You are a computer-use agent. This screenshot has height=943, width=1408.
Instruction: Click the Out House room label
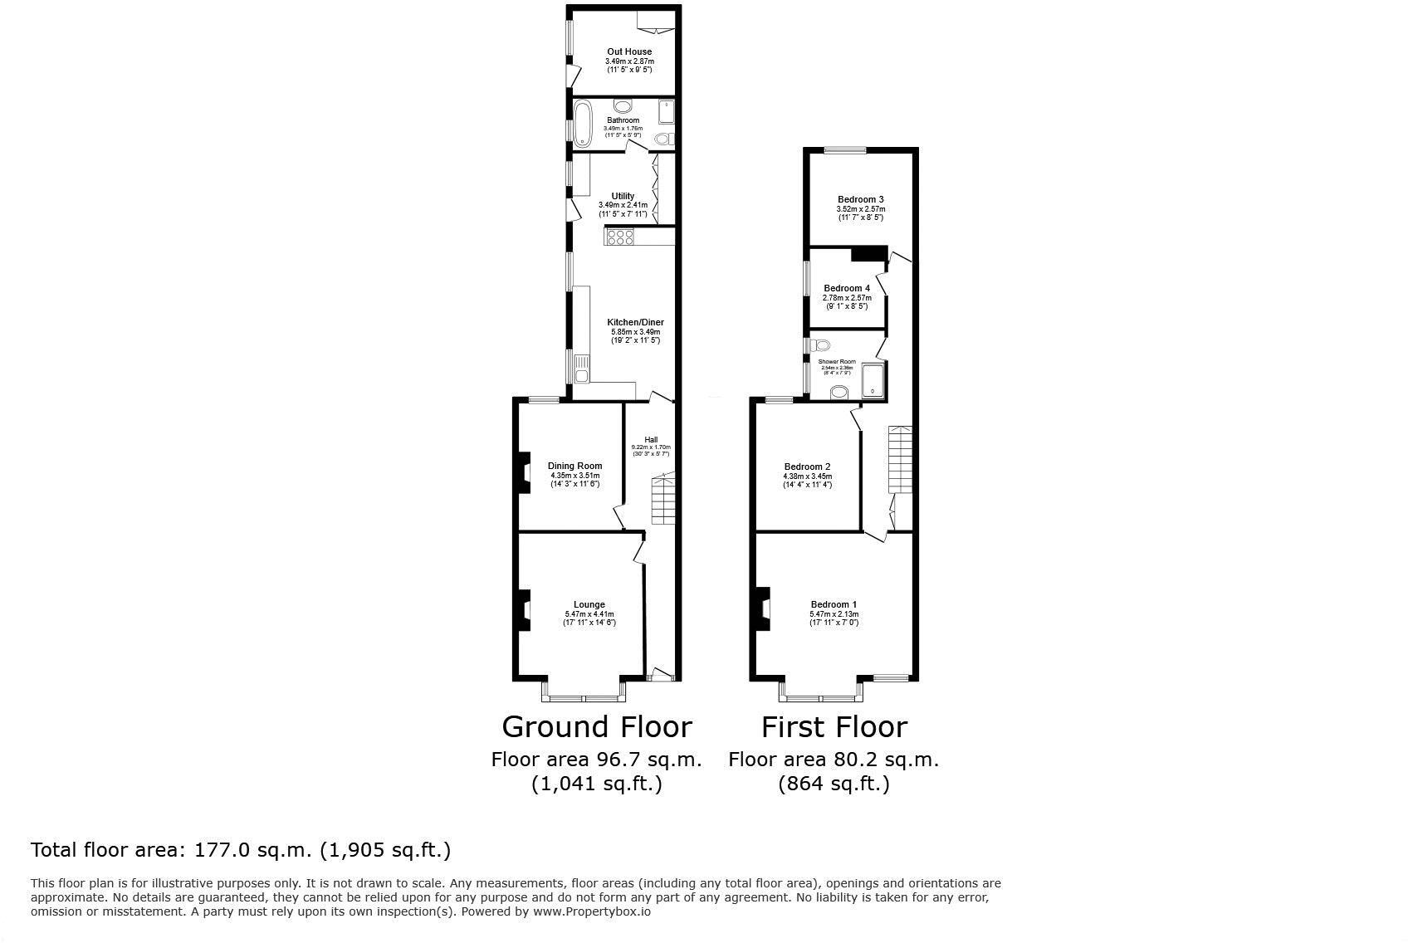click(x=628, y=51)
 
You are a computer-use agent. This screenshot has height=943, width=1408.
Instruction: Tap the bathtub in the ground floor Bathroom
click(x=583, y=123)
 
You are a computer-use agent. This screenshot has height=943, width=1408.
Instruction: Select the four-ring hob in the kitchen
click(x=621, y=237)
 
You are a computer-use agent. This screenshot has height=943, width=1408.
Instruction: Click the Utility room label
click(x=623, y=196)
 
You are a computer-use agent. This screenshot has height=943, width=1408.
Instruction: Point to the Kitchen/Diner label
click(x=635, y=322)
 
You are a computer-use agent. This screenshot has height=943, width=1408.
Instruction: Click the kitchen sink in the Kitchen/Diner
click(x=582, y=368)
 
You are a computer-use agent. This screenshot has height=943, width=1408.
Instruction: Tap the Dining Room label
click(x=574, y=466)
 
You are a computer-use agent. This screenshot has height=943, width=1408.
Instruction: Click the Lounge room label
click(x=589, y=604)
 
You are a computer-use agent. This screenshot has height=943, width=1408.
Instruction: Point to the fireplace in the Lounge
click(x=524, y=610)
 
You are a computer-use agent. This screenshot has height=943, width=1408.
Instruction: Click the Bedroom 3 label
click(x=860, y=199)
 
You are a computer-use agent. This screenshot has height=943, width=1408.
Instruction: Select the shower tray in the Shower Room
click(x=873, y=380)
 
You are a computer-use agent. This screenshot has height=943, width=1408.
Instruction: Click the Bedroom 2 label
click(x=807, y=467)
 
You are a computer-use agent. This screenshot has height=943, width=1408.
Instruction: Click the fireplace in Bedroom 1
click(x=761, y=608)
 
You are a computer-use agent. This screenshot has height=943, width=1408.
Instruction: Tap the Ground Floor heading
click(x=596, y=727)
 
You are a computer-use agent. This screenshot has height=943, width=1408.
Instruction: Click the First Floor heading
click(x=834, y=727)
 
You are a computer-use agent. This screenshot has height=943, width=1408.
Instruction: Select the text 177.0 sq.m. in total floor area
click(x=253, y=850)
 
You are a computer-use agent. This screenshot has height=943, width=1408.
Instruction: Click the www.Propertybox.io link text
click(x=591, y=911)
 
